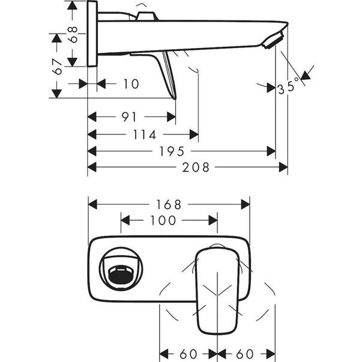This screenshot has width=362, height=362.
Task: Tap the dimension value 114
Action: [142, 134]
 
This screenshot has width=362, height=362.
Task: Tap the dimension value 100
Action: [162, 221]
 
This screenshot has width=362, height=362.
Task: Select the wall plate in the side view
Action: [92, 33]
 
